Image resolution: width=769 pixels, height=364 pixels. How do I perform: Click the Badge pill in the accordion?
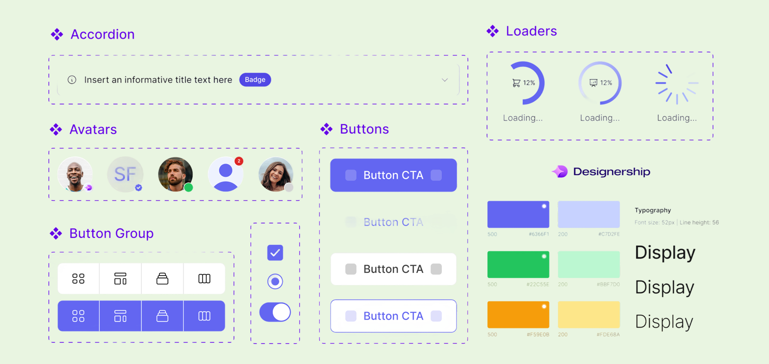255,80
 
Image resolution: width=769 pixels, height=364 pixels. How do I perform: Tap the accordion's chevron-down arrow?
445,80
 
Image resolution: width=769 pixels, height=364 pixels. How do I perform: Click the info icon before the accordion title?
72,80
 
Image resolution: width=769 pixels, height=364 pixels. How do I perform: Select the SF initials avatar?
125,174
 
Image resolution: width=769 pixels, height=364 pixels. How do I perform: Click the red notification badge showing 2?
239,161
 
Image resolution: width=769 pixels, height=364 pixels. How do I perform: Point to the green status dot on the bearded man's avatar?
188,188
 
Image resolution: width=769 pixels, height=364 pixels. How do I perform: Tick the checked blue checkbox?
275,253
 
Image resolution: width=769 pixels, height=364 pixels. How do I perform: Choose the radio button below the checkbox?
275,281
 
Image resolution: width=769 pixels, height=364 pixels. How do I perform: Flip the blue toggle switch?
275,312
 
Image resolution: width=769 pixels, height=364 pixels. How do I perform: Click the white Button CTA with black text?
393,269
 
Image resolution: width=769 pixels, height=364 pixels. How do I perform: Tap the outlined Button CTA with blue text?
393,316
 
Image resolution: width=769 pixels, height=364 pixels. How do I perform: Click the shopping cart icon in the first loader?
516,83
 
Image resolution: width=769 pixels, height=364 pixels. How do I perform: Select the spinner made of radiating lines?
677,84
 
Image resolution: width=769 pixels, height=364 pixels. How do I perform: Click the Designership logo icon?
560,172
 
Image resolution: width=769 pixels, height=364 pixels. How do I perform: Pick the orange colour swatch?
518,315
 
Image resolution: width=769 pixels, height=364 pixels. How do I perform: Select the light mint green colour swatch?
589,265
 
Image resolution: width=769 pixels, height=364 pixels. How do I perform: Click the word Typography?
653,210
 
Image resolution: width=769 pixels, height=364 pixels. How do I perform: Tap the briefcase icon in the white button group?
162,279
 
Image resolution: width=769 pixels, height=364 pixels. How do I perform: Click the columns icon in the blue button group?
204,316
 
